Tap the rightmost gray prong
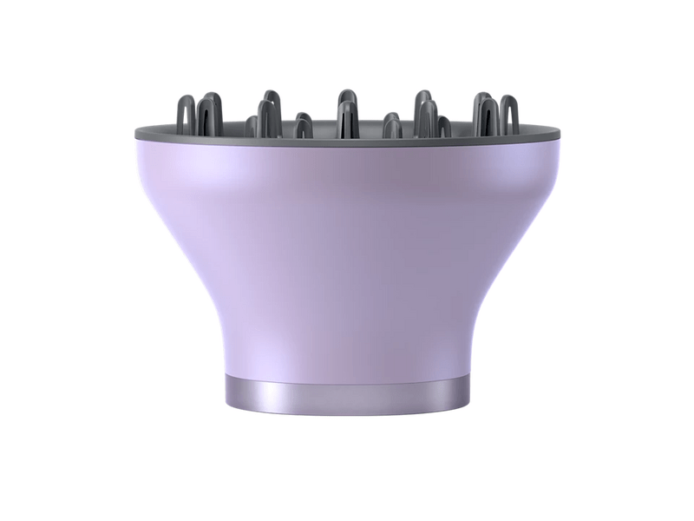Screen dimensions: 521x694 point(509,113)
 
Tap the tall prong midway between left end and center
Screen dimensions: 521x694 point(268,113)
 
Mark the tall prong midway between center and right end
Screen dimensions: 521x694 point(425,113)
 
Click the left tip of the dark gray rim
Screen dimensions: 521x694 point(137,135)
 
